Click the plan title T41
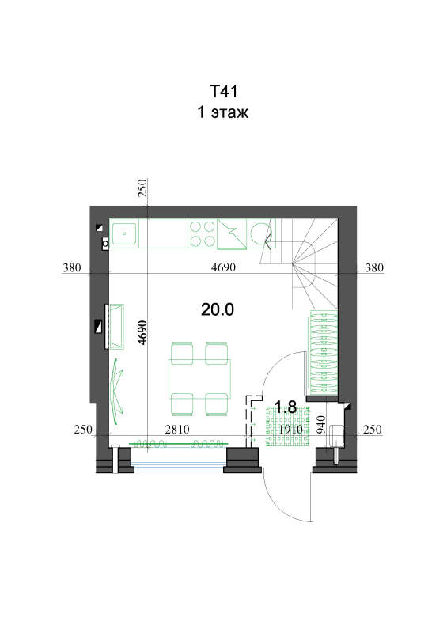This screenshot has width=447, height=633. coord(223,91)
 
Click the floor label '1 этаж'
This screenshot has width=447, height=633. coord(222,112)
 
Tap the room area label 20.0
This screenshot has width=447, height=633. coord(218,309)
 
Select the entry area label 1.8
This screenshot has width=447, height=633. coord(286,407)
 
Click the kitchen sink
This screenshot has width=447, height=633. coord(124,233)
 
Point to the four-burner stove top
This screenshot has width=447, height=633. coord(203,233)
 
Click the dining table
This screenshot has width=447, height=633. coord(199,378)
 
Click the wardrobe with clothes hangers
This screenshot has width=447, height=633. coord(323,352)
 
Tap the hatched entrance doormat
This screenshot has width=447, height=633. coord(288,426)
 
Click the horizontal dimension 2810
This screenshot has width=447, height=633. coord(177,430)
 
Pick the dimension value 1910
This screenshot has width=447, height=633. coord(290,430)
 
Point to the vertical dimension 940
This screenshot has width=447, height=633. coord(321,425)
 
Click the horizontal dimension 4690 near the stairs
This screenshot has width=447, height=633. coord(223,267)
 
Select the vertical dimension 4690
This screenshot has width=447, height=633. coord(142,332)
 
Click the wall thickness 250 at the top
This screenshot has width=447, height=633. coord(142,188)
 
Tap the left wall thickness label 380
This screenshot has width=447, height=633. coord(72,267)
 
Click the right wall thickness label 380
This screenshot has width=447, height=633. coord(374,267)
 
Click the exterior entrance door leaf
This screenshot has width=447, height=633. coord(312,497)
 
